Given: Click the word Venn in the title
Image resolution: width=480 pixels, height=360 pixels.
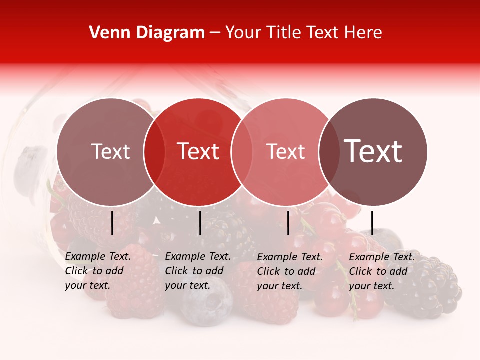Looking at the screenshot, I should click(x=106, y=33).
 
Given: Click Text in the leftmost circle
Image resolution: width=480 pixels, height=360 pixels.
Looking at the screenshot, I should click(x=110, y=151).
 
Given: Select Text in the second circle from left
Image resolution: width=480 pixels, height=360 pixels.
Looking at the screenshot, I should click(x=198, y=151).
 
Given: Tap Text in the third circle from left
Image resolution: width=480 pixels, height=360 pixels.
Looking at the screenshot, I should click(x=285, y=151).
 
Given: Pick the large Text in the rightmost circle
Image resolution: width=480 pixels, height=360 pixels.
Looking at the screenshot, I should click(x=373, y=151).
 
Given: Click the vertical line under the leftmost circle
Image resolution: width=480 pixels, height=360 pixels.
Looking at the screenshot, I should click(x=112, y=223).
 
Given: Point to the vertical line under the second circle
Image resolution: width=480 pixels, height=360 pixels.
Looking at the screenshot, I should click(x=200, y=223).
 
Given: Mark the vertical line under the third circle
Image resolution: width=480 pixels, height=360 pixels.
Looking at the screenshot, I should click(x=288, y=223).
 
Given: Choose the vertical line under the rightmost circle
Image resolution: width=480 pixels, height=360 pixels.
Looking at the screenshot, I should click(x=372, y=223).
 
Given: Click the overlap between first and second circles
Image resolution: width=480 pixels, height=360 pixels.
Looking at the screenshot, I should click(x=154, y=152).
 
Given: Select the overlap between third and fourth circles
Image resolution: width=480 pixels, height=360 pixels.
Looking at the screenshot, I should click(x=328, y=152).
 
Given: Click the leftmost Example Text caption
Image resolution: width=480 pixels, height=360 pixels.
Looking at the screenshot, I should click(x=97, y=271).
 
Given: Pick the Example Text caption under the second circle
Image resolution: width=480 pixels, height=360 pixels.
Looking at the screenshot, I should click(x=197, y=271).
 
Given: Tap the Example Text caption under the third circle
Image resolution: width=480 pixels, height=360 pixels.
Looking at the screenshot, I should click(x=289, y=271).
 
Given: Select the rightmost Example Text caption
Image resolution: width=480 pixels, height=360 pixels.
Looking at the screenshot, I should click(x=381, y=271).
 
